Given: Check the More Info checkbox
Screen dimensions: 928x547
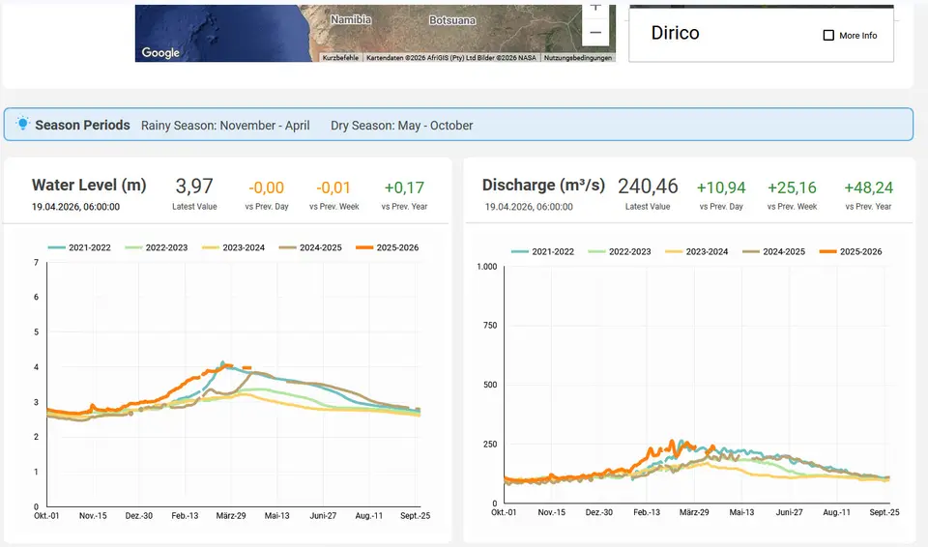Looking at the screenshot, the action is (828, 36).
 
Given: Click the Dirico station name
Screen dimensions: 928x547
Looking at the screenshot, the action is (676, 33).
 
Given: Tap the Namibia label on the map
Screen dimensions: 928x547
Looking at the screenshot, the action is (351, 19).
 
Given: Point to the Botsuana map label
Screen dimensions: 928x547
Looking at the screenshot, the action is (452, 20).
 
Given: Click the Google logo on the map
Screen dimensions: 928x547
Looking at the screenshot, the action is (160, 53).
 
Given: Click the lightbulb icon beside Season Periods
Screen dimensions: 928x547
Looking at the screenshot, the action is (22, 124).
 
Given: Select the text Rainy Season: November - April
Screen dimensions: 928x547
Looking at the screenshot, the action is (225, 126).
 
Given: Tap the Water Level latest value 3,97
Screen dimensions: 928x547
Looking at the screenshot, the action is (194, 187).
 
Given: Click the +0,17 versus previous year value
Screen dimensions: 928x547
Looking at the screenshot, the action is (404, 187).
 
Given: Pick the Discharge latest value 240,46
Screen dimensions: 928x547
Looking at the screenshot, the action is (648, 187).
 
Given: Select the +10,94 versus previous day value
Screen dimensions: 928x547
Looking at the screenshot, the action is (721, 187).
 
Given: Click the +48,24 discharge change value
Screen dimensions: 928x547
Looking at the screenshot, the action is (868, 187).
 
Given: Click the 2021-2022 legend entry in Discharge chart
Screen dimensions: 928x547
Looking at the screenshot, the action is (542, 251).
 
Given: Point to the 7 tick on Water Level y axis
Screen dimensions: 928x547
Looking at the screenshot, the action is (36, 262).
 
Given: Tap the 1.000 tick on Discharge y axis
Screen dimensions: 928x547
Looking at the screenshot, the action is (487, 267).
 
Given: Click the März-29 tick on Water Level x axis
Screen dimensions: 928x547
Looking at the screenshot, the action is (231, 516).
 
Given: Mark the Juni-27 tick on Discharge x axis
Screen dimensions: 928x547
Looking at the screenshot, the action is (790, 512).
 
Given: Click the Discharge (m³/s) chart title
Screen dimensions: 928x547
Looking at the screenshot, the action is (543, 186).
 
